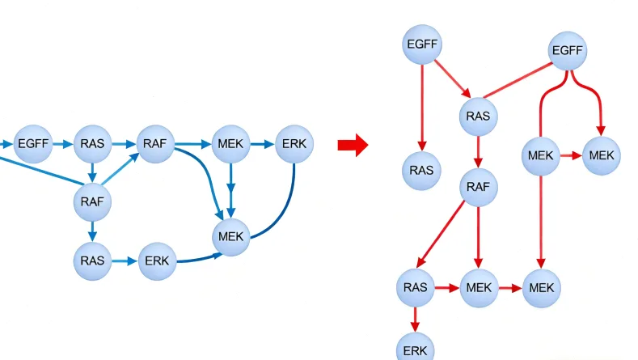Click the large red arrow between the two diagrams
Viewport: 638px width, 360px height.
coord(353,146)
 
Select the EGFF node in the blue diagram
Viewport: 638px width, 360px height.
coord(34,144)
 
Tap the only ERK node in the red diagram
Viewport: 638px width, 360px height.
coord(416,349)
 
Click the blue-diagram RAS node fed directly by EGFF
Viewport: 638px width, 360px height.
coord(93,144)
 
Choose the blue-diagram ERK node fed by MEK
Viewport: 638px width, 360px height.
coord(294,144)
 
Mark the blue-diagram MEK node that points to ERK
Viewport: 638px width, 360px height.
coord(231,144)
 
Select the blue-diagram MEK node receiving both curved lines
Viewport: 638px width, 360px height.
coord(233,237)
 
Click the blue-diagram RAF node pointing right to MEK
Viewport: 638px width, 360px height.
coord(155,144)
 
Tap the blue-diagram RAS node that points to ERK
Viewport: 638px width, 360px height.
coord(92,260)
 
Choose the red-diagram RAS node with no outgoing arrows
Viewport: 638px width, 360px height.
coord(421,170)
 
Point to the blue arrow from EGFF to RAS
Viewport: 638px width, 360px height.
coord(63,144)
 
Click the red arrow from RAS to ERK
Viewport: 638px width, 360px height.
coord(416,317)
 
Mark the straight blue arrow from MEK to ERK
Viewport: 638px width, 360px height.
coord(263,144)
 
